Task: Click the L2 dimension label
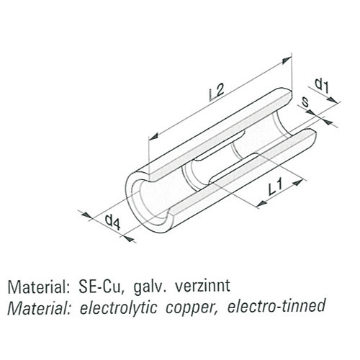pyautogui.click(x=217, y=92)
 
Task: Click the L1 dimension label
pyautogui.click(x=275, y=187)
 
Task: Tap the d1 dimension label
pyautogui.click(x=322, y=86)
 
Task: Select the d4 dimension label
pyautogui.click(x=112, y=222)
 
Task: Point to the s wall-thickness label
pyautogui.click(x=305, y=102)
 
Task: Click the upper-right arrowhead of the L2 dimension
pyautogui.click(x=287, y=60)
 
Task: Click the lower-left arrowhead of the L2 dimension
pyautogui.click(x=154, y=136)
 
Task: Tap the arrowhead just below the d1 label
pyautogui.click(x=333, y=100)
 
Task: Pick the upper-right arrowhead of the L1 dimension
pyautogui.click(x=298, y=183)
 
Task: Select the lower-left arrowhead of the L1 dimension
pyautogui.click(x=261, y=204)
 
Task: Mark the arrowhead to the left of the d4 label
pyautogui.click(x=86, y=215)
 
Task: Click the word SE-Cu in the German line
pyautogui.click(x=102, y=287)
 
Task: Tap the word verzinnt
pyautogui.click(x=203, y=286)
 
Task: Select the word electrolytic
pyautogui.click(x=118, y=307)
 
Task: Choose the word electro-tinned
pyautogui.click(x=276, y=306)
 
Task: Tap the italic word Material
pyautogui.click(x=39, y=307)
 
